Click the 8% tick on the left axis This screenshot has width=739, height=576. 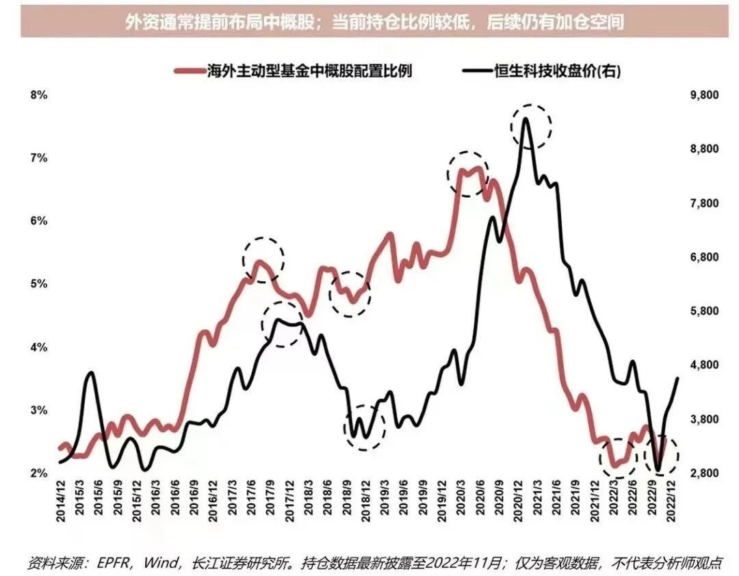tap(38, 95)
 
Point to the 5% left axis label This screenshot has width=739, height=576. tap(38, 284)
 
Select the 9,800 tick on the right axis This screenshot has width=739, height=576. tap(701, 95)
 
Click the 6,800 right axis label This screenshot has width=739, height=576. tap(701, 257)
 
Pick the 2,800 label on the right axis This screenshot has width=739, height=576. tap(701, 473)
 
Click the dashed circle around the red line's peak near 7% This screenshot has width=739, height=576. tap(468, 173)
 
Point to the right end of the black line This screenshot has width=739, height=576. tap(677, 378)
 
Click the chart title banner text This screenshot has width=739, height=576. tap(374, 23)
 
